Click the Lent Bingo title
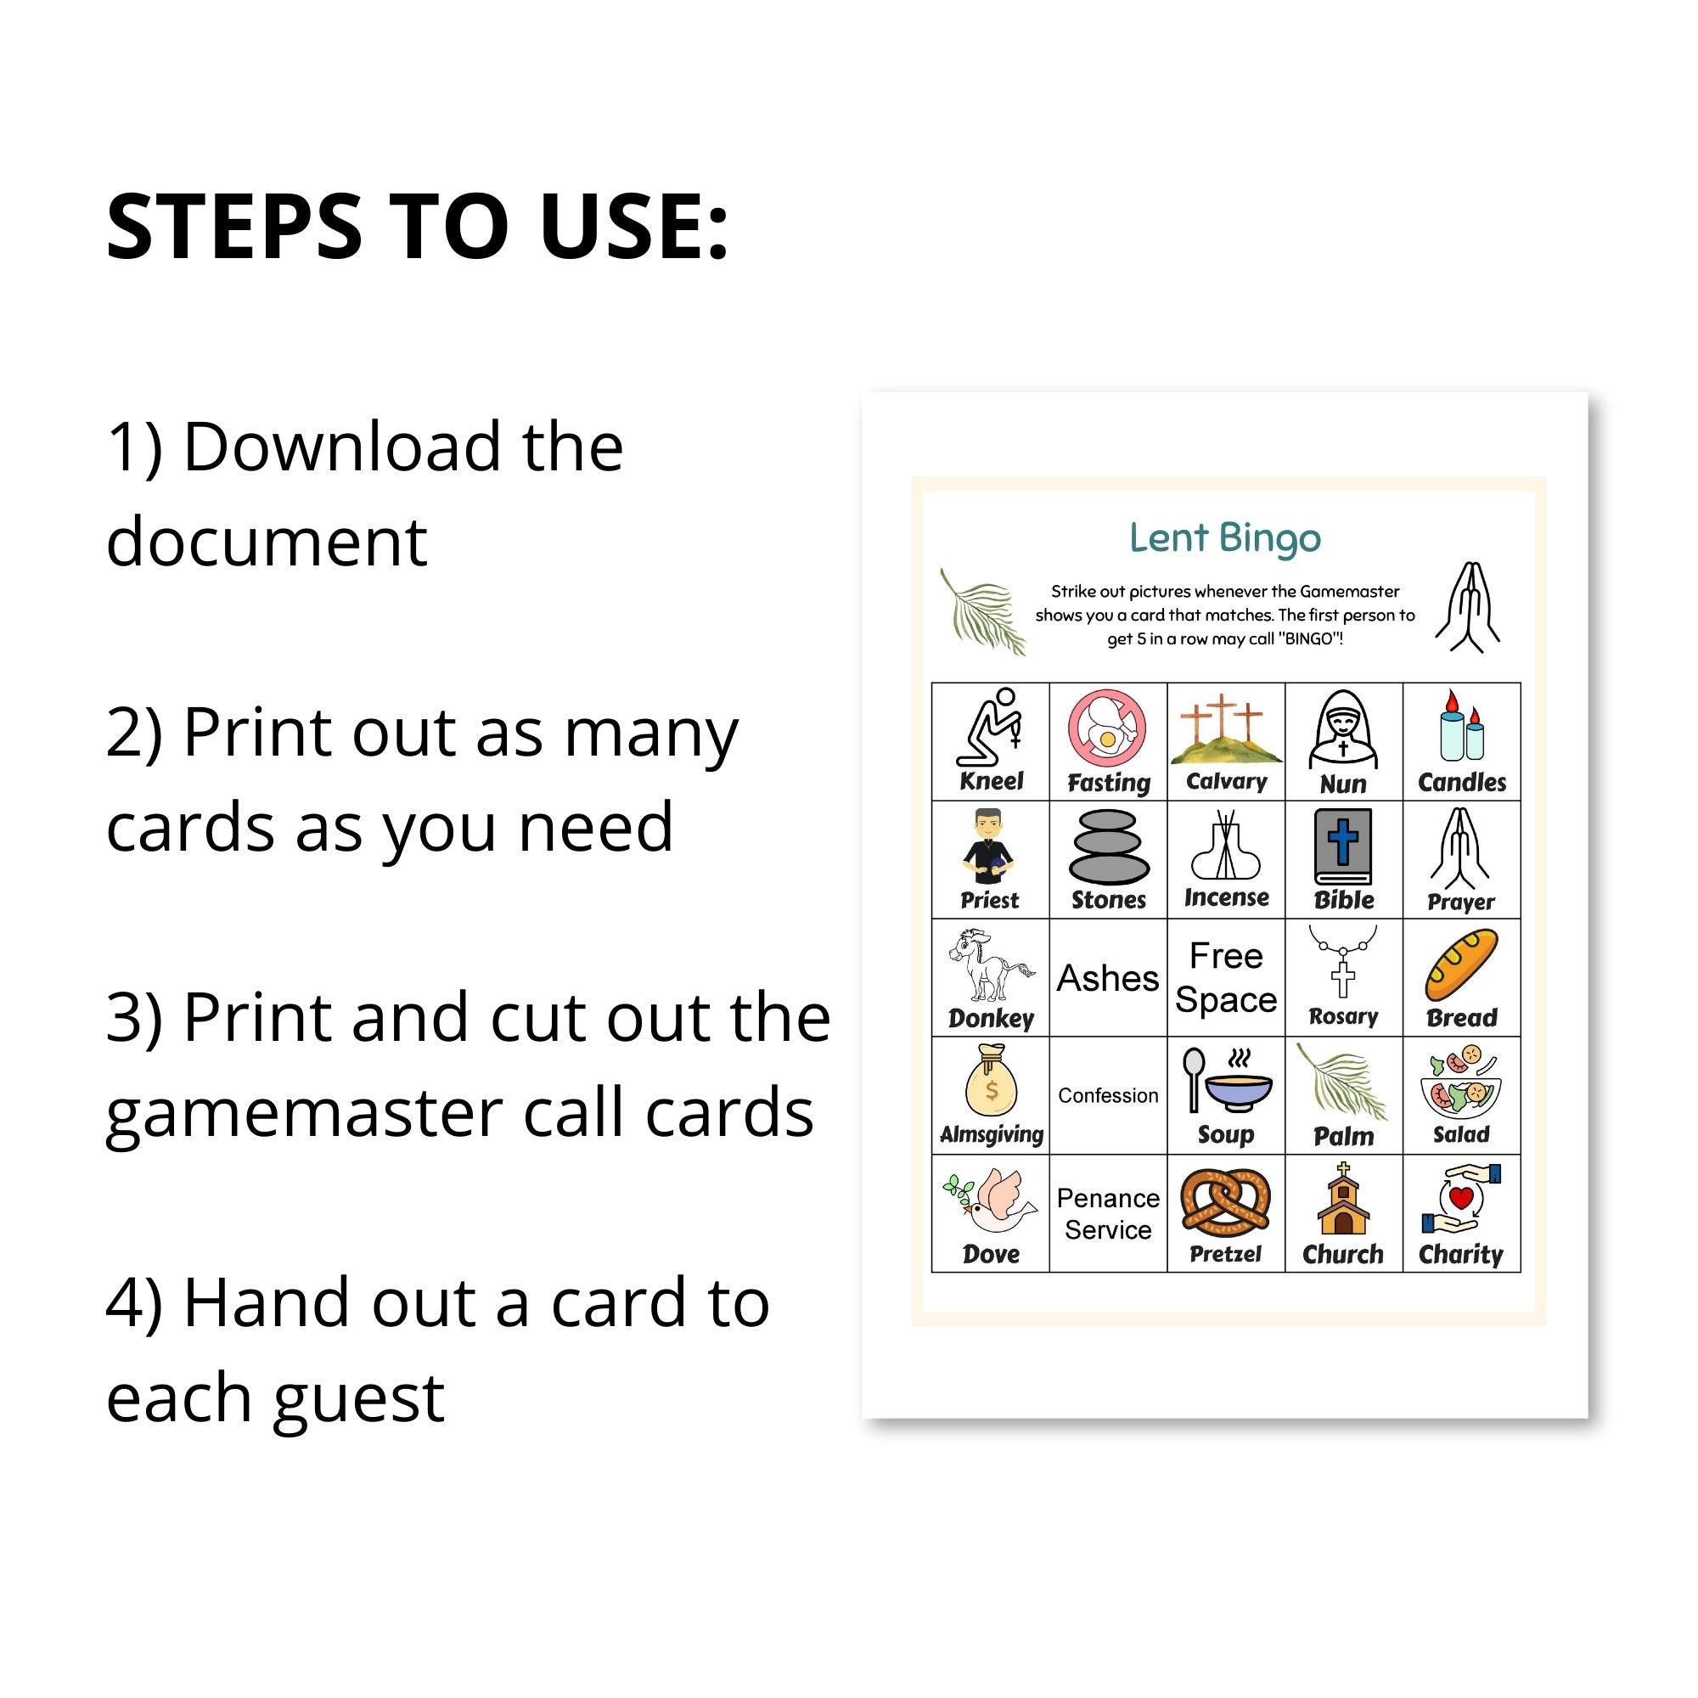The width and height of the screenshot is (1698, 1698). [1224, 538]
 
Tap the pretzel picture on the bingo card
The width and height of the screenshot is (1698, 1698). [1225, 1200]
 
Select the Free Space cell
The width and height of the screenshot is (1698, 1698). [1225, 977]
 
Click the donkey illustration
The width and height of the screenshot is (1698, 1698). [991, 964]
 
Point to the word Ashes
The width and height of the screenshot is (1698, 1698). [1107, 978]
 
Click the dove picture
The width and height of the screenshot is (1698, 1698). [990, 1201]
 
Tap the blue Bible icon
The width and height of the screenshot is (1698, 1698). [1343, 846]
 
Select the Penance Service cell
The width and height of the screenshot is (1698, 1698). [1107, 1214]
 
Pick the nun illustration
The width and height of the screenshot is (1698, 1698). [1343, 729]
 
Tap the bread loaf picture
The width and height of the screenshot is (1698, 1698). [1460, 967]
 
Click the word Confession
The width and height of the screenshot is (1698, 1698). [1107, 1095]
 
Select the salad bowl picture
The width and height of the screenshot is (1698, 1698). [1460, 1082]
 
